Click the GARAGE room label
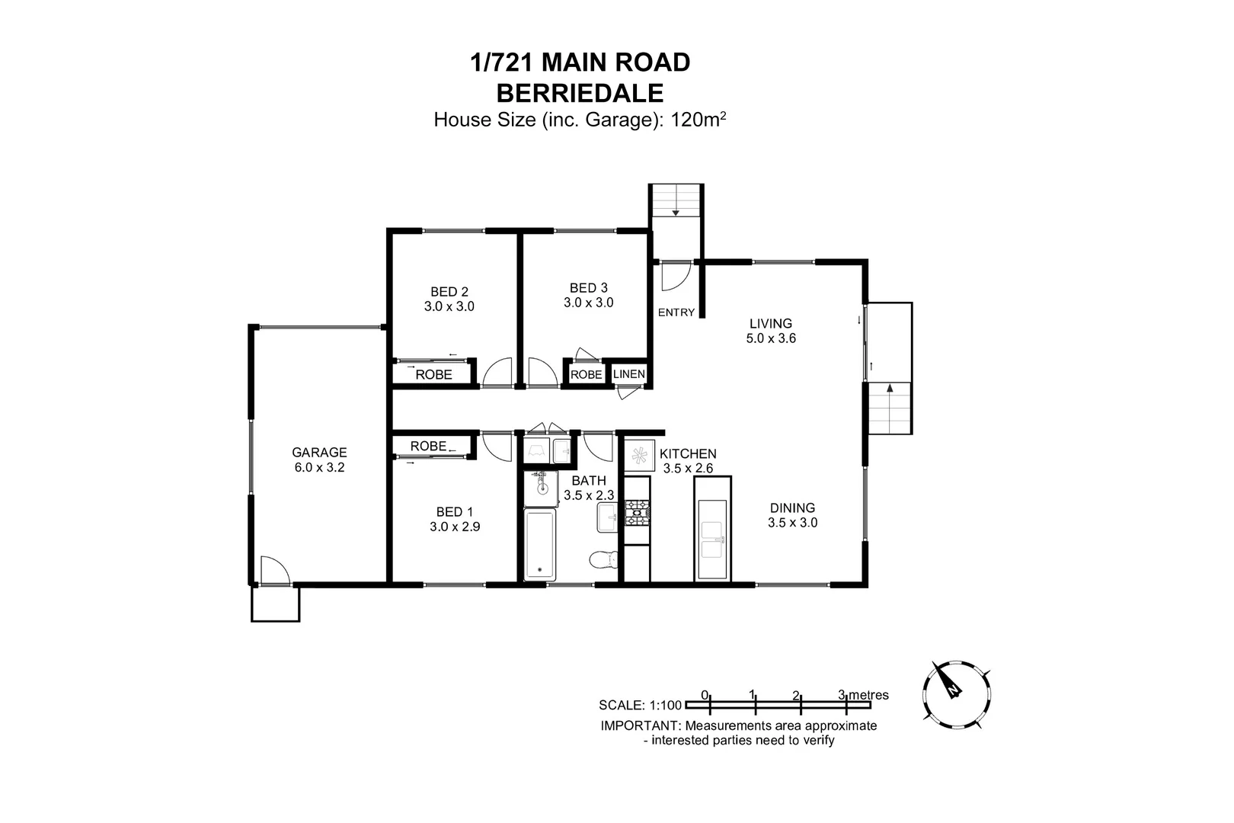click(319, 452)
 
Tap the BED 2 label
click(449, 291)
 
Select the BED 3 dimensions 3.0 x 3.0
click(588, 303)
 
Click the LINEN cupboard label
click(629, 374)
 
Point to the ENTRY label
click(676, 312)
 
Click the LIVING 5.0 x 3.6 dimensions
click(771, 338)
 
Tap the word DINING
click(792, 508)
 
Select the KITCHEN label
click(688, 453)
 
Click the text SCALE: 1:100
click(640, 705)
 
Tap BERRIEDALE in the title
click(580, 93)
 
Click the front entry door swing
click(674, 277)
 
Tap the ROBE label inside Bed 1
click(428, 446)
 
